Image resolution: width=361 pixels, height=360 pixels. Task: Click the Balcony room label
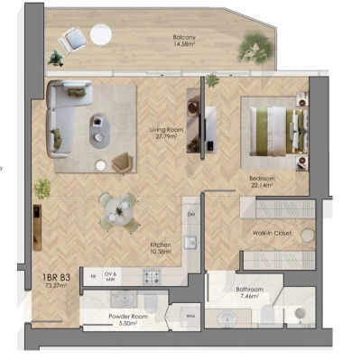(x=186, y=37)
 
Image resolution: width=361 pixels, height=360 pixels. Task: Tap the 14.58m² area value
(x=186, y=45)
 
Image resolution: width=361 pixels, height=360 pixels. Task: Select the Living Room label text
(x=166, y=130)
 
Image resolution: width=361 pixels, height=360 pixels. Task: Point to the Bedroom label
(x=262, y=179)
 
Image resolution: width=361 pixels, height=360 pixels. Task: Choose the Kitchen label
(x=162, y=244)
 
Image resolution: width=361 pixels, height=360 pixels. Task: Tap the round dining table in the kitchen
(x=118, y=209)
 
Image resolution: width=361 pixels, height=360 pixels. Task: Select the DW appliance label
(x=190, y=215)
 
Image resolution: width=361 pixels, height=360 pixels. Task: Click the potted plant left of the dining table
(x=42, y=188)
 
